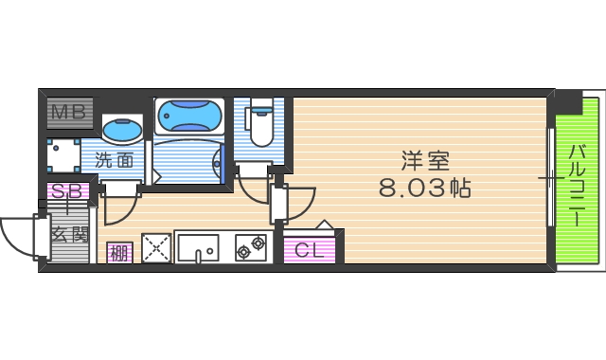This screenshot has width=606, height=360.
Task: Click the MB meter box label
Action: (x=68, y=115)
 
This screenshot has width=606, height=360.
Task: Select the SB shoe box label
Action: (x=69, y=191)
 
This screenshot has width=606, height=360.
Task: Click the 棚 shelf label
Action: (x=118, y=253)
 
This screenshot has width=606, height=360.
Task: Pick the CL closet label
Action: (x=310, y=250)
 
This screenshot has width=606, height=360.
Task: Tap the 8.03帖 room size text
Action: (x=424, y=188)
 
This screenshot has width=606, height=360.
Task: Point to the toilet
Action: (x=259, y=124)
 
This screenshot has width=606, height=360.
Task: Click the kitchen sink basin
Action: (x=198, y=248)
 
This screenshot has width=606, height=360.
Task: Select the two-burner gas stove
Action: (x=251, y=248)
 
